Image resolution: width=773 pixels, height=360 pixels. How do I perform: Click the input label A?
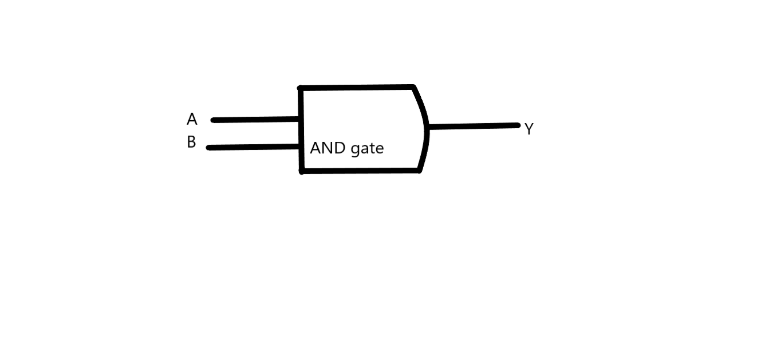click(x=192, y=120)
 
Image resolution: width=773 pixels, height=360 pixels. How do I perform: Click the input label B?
click(x=191, y=142)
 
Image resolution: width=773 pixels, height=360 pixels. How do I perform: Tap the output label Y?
click(x=529, y=129)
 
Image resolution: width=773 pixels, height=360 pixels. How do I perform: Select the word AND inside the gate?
click(x=328, y=148)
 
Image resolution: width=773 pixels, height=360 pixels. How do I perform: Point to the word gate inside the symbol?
click(x=366, y=149)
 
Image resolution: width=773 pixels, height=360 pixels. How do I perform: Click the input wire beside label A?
click(x=255, y=120)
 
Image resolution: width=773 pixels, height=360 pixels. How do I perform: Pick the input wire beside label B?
click(x=254, y=147)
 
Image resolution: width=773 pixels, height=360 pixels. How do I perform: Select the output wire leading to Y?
click(x=474, y=126)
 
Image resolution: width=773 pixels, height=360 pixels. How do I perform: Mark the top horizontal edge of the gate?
click(x=356, y=88)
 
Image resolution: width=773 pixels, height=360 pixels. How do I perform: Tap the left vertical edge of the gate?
click(x=301, y=129)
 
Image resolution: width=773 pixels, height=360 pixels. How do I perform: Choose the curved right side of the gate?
click(x=425, y=129)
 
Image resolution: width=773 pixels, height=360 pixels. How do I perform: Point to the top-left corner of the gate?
click(x=301, y=88)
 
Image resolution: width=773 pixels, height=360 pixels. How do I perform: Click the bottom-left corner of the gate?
click(x=302, y=171)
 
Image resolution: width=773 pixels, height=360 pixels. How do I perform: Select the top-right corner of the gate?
click(x=413, y=87)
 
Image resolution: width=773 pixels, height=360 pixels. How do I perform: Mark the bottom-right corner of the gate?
click(x=420, y=170)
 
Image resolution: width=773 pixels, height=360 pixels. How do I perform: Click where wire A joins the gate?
click(x=299, y=119)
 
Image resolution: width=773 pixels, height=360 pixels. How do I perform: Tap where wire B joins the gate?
click(x=301, y=147)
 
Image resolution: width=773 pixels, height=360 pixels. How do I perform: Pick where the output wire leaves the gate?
click(x=428, y=126)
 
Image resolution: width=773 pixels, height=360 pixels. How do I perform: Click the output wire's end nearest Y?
click(x=518, y=125)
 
